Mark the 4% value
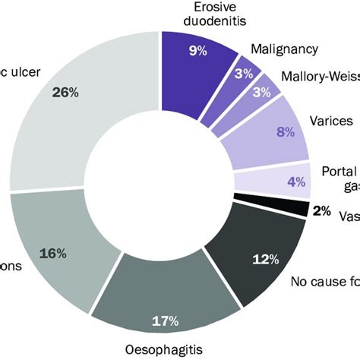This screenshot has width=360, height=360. click(x=295, y=182)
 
